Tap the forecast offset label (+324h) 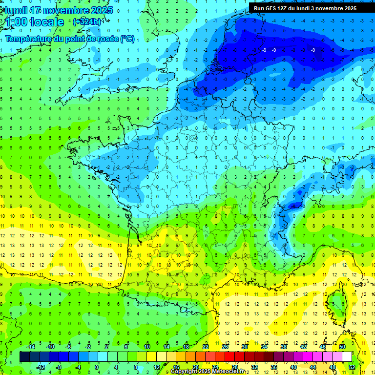click(87, 21)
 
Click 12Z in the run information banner click(283, 8)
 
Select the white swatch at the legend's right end click(347, 357)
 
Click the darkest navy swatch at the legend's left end click(24, 357)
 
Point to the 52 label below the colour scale click(352, 367)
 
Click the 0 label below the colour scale click(97, 367)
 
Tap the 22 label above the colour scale click(206, 347)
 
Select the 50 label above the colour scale click(342, 347)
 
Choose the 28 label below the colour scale click(235, 367)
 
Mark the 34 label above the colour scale click(264, 347)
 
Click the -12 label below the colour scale click(41, 367)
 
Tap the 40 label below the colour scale click(293, 367)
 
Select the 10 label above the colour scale click(147, 347)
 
